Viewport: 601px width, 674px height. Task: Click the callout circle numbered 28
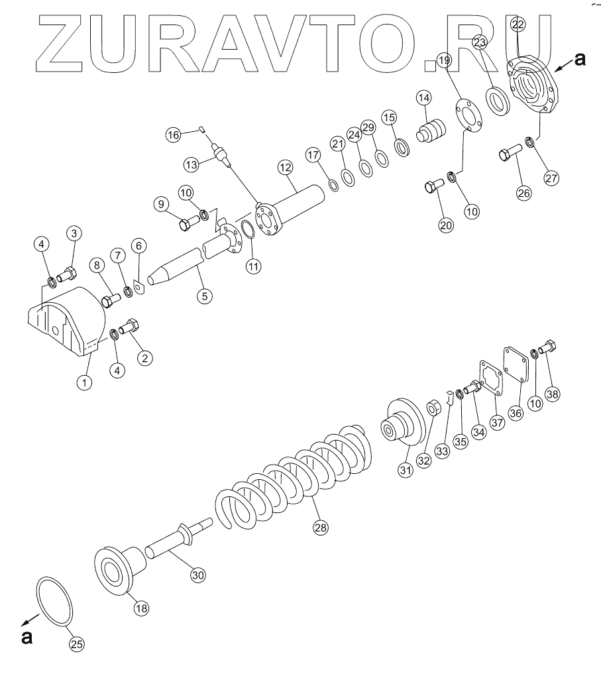pyautogui.click(x=321, y=527)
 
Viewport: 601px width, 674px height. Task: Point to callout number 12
pyautogui.click(x=286, y=167)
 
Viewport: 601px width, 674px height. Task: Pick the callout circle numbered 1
pyautogui.click(x=84, y=382)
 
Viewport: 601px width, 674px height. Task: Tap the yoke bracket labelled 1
pyautogui.click(x=67, y=320)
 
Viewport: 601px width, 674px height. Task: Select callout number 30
pyautogui.click(x=197, y=575)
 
